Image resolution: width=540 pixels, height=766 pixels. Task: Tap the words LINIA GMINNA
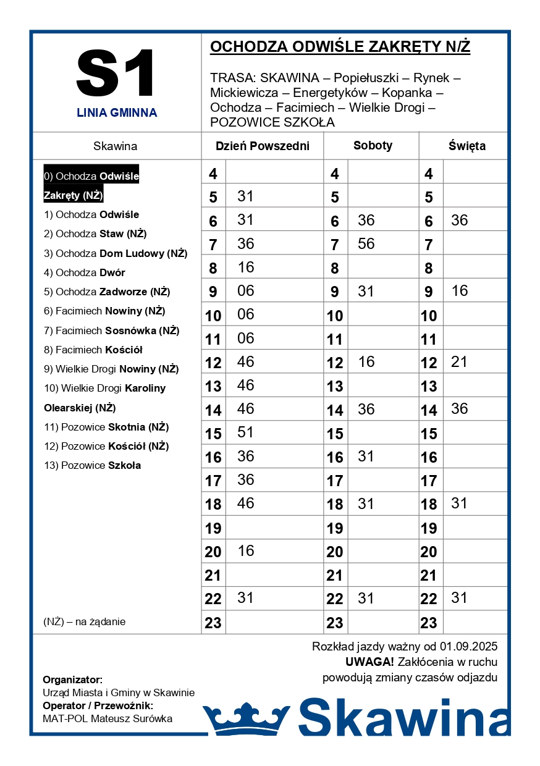tap(117, 113)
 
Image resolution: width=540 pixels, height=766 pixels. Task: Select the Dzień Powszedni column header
tap(262, 146)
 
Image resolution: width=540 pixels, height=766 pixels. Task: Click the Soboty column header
tap(373, 146)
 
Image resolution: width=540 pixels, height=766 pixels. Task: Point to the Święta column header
tap(467, 146)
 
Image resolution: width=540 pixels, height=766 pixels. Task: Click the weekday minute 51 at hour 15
tap(246, 432)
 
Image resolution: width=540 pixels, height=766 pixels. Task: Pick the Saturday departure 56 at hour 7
tap(366, 244)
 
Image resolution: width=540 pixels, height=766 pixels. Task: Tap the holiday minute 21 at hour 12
tap(459, 362)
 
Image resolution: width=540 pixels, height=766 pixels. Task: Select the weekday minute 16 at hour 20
tap(246, 550)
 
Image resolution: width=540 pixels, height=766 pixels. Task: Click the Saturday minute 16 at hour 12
tap(366, 362)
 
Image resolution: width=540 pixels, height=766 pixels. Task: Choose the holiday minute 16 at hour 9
tap(460, 291)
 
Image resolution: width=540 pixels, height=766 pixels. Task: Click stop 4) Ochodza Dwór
tap(85, 272)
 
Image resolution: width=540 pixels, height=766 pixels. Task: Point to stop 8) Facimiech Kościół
tap(93, 350)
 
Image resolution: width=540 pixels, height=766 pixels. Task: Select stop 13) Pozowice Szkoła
tap(93, 465)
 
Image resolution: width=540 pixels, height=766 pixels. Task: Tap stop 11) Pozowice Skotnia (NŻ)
tap(106, 427)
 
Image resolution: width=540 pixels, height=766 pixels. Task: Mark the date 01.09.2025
tap(468, 647)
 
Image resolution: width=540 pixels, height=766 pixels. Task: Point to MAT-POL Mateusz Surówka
tap(108, 718)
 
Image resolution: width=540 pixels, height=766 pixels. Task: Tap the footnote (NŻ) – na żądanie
tap(85, 621)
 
